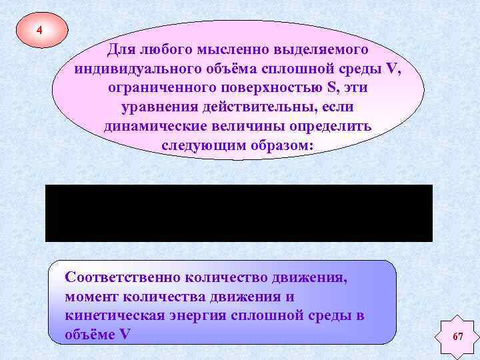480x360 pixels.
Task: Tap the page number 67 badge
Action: tap(457, 337)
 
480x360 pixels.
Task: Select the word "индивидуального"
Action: tap(132, 69)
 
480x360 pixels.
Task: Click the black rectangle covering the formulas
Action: tap(239, 213)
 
